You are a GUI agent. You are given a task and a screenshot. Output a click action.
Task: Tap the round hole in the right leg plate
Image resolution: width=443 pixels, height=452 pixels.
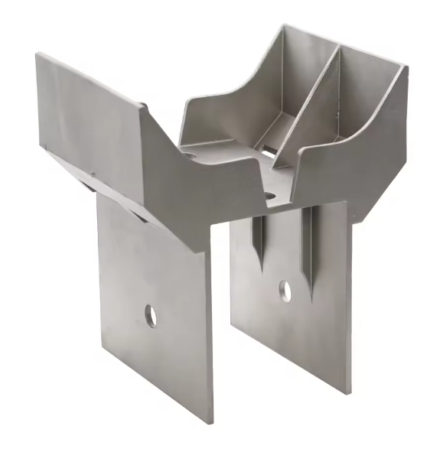[285, 291]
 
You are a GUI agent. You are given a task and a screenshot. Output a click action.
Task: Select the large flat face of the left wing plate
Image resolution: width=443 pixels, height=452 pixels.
[92, 115]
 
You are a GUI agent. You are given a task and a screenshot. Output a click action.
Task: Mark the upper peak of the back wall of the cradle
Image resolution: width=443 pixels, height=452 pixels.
[285, 26]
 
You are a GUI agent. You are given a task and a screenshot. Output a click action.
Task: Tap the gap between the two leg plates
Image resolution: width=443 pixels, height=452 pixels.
[222, 306]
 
